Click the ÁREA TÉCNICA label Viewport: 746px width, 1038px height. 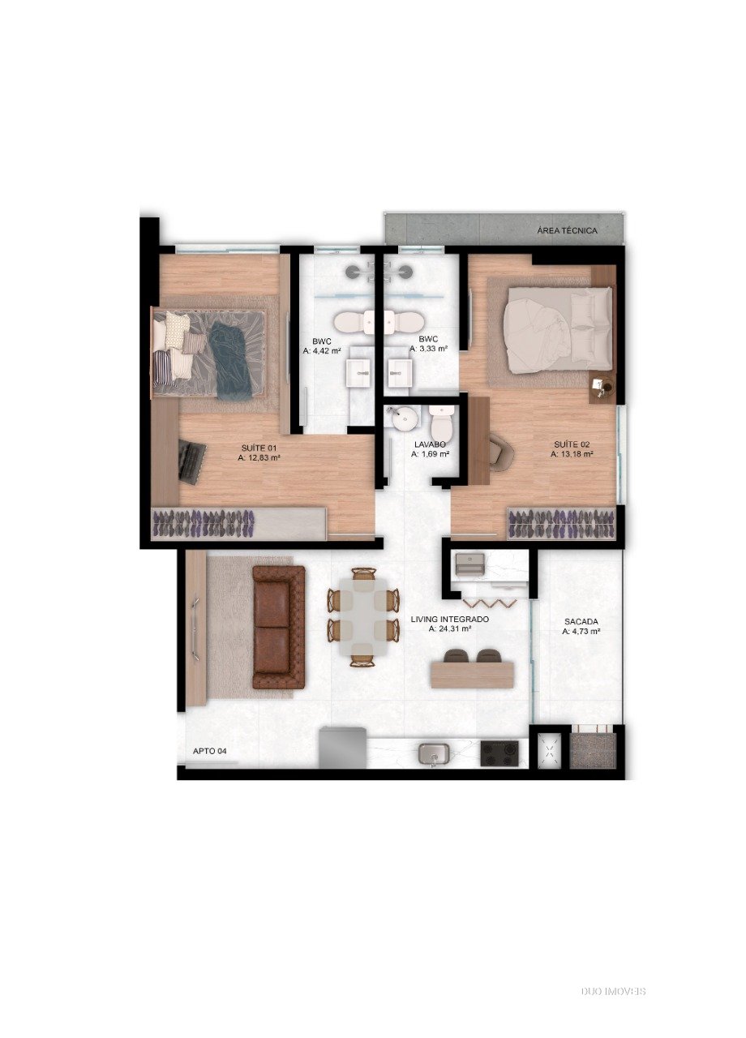click(567, 230)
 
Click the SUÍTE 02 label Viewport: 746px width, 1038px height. click(572, 444)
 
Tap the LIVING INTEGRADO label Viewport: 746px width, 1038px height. click(450, 619)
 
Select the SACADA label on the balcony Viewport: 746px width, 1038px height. click(581, 621)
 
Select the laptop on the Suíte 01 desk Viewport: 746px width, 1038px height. click(192, 462)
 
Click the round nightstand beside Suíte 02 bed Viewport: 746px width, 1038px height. click(602, 384)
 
